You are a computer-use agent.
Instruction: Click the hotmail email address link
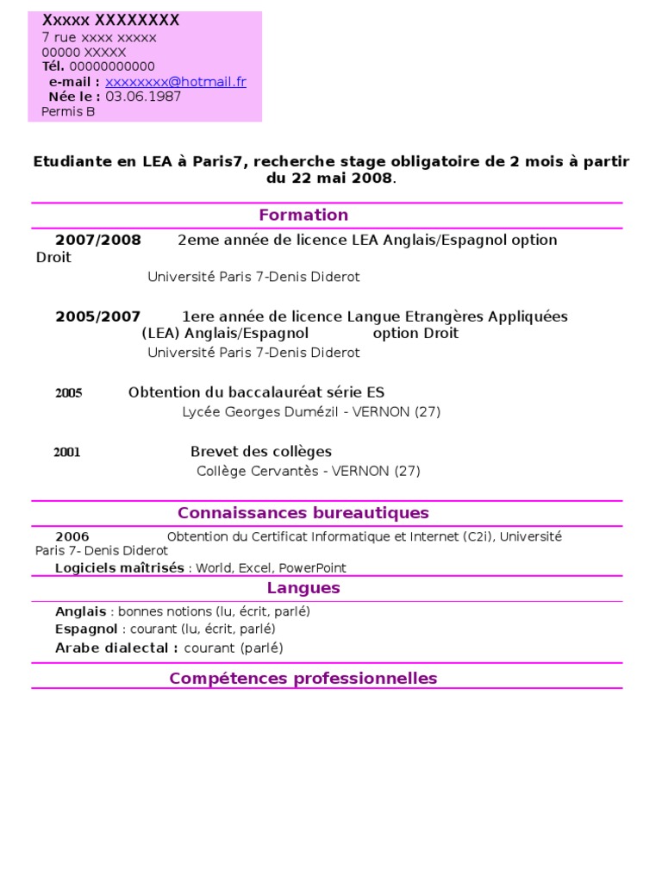(x=176, y=82)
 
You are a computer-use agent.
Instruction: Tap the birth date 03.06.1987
(x=143, y=97)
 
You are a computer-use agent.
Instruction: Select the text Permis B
(x=68, y=111)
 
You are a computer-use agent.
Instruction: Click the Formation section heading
(x=303, y=215)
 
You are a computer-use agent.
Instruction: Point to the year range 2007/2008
(x=98, y=240)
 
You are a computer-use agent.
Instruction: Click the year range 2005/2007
(x=98, y=316)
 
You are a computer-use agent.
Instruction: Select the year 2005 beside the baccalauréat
(x=69, y=393)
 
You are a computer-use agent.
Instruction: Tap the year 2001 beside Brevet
(x=67, y=452)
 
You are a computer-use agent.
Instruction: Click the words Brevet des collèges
(x=260, y=451)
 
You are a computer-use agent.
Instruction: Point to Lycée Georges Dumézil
(x=256, y=412)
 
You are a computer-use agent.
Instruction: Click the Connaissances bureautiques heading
(x=303, y=513)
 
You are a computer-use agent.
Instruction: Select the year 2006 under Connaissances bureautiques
(x=72, y=536)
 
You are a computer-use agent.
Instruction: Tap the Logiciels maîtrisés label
(x=120, y=567)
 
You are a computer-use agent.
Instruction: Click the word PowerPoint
(x=312, y=567)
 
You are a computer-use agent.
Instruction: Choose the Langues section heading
(x=303, y=588)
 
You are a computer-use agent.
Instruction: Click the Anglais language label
(x=81, y=611)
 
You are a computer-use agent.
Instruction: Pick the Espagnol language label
(x=86, y=629)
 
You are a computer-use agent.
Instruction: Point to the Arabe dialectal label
(x=116, y=648)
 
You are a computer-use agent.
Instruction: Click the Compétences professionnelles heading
(x=303, y=678)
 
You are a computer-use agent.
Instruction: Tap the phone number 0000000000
(x=112, y=66)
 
